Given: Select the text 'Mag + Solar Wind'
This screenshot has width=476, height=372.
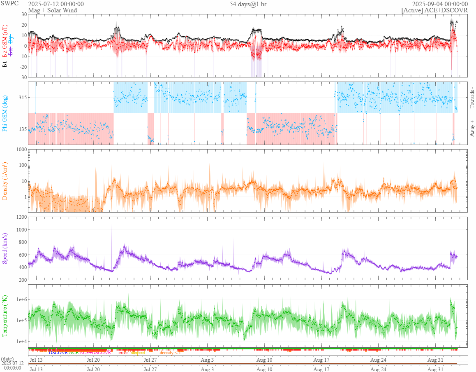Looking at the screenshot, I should [52, 10].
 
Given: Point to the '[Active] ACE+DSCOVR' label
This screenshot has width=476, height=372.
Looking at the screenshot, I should [434, 10].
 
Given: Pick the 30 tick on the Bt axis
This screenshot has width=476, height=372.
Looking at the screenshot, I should [24, 14].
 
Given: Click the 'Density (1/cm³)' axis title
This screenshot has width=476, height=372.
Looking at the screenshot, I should [5, 181].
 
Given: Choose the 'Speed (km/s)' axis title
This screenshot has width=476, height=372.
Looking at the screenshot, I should [5, 248].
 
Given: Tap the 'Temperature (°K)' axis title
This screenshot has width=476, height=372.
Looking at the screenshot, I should [5, 315].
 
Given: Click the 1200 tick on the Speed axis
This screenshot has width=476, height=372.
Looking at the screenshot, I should [21, 217].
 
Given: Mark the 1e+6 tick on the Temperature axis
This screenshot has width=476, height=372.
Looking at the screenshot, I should [21, 299].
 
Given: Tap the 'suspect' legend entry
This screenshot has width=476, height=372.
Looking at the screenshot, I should [138, 353].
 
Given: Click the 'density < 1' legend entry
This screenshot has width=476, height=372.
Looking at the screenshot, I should [170, 353].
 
